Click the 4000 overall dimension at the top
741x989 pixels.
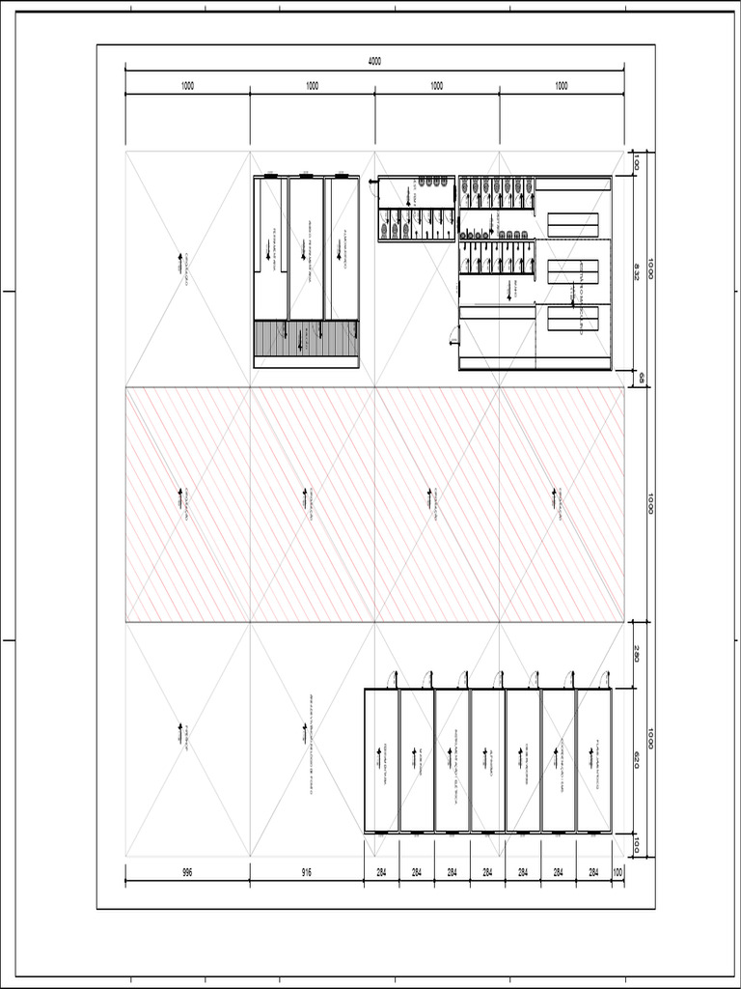coord(374,61)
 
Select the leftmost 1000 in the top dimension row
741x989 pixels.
coord(187,86)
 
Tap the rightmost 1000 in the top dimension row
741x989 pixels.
coord(562,86)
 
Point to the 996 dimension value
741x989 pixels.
coord(187,873)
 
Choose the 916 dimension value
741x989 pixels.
coord(307,873)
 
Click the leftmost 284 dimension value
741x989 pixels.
coord(381,873)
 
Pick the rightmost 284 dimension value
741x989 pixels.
coord(593,873)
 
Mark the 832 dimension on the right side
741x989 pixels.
coord(637,273)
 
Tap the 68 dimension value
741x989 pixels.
coord(637,379)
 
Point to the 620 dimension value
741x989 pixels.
coord(637,759)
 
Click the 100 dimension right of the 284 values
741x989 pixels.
coord(617,873)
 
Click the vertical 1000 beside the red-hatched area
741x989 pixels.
coord(651,504)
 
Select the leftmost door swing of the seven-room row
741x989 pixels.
coord(393,679)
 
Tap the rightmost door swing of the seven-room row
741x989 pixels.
coord(605,679)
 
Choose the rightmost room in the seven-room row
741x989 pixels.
coord(593,759)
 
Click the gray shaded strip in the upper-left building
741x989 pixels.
coord(306,338)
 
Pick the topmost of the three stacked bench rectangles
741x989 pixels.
coord(573,224)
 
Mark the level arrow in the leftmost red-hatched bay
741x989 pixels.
coord(180,499)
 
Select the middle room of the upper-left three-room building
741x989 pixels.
coord(306,248)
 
